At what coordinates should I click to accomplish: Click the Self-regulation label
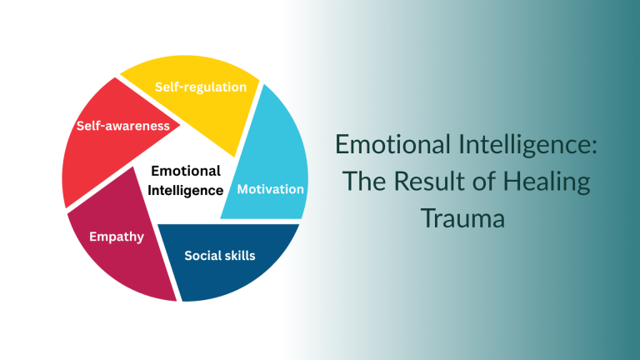[x=201, y=87]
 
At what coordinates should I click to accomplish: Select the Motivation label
[x=271, y=189]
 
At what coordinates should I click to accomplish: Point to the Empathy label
[x=117, y=237]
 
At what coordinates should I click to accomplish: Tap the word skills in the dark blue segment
[x=239, y=255]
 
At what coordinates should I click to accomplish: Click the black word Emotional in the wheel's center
[x=185, y=171]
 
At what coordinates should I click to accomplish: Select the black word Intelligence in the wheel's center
[x=185, y=190]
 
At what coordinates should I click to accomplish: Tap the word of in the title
[x=480, y=182]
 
